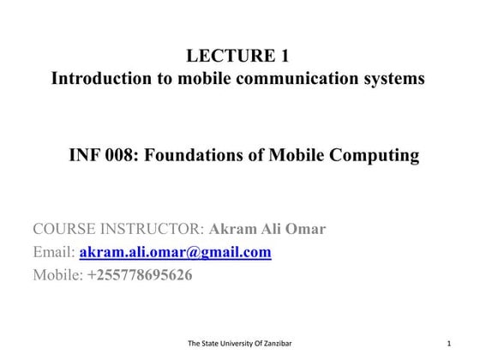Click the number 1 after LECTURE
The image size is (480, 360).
coord(284,57)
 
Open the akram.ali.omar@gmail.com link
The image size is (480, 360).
coord(175,252)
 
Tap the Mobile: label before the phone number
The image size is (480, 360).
coord(57,275)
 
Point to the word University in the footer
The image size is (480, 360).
coord(230,344)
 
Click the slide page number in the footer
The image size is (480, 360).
coord(448,344)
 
